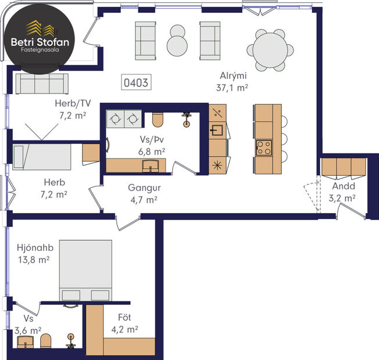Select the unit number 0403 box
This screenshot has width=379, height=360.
135,83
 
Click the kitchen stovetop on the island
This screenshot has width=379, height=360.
264,147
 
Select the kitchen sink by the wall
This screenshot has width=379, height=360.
217,129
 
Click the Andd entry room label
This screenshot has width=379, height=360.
344,186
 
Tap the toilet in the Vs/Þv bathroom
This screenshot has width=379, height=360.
157,120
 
